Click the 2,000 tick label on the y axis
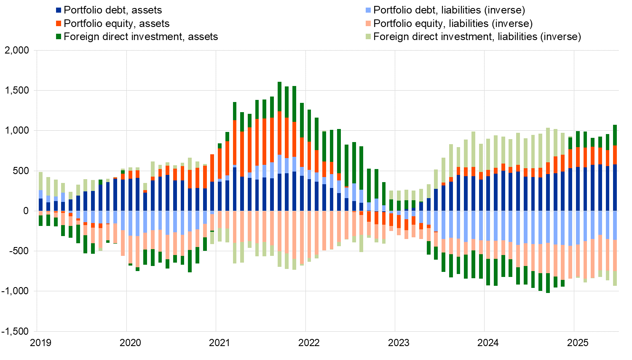pos(16,51)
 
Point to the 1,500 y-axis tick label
pos(16,91)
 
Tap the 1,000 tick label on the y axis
pos(16,131)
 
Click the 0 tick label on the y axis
pos(26,211)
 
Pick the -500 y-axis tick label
pos(19,251)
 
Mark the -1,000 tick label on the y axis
pos(15,291)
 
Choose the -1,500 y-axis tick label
pos(15,331)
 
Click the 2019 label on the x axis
pos(41,343)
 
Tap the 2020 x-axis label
pos(130,343)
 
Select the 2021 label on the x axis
pos(220,343)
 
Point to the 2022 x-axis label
pos(309,343)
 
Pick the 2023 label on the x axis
pos(399,343)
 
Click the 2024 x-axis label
pos(488,343)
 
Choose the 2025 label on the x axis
pos(578,343)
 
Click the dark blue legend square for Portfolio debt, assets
pos(59,10)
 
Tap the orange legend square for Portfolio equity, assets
pos(59,24)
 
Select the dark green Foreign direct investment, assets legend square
pos(59,37)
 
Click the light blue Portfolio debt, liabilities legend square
pos(369,10)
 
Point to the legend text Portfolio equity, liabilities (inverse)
pos(453,24)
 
